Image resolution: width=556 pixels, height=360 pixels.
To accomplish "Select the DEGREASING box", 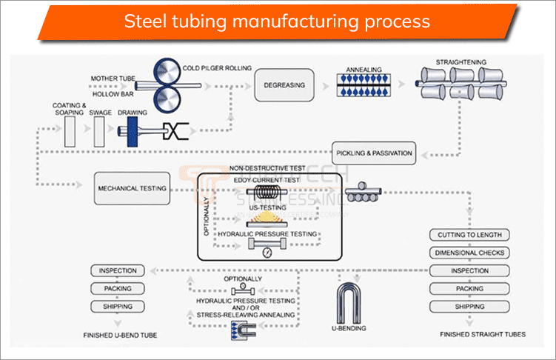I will [284, 84].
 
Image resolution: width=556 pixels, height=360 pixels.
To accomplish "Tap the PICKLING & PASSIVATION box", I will [372, 153].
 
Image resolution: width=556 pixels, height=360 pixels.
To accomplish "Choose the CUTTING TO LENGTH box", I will [469, 235].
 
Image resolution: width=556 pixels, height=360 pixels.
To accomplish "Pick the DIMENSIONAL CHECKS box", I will [469, 253].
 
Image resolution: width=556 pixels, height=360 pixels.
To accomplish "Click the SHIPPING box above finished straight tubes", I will [469, 307].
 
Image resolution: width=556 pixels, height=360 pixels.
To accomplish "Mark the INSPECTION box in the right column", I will [469, 271].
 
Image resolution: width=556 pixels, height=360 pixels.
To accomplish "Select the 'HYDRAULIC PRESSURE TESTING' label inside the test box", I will [273, 234].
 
